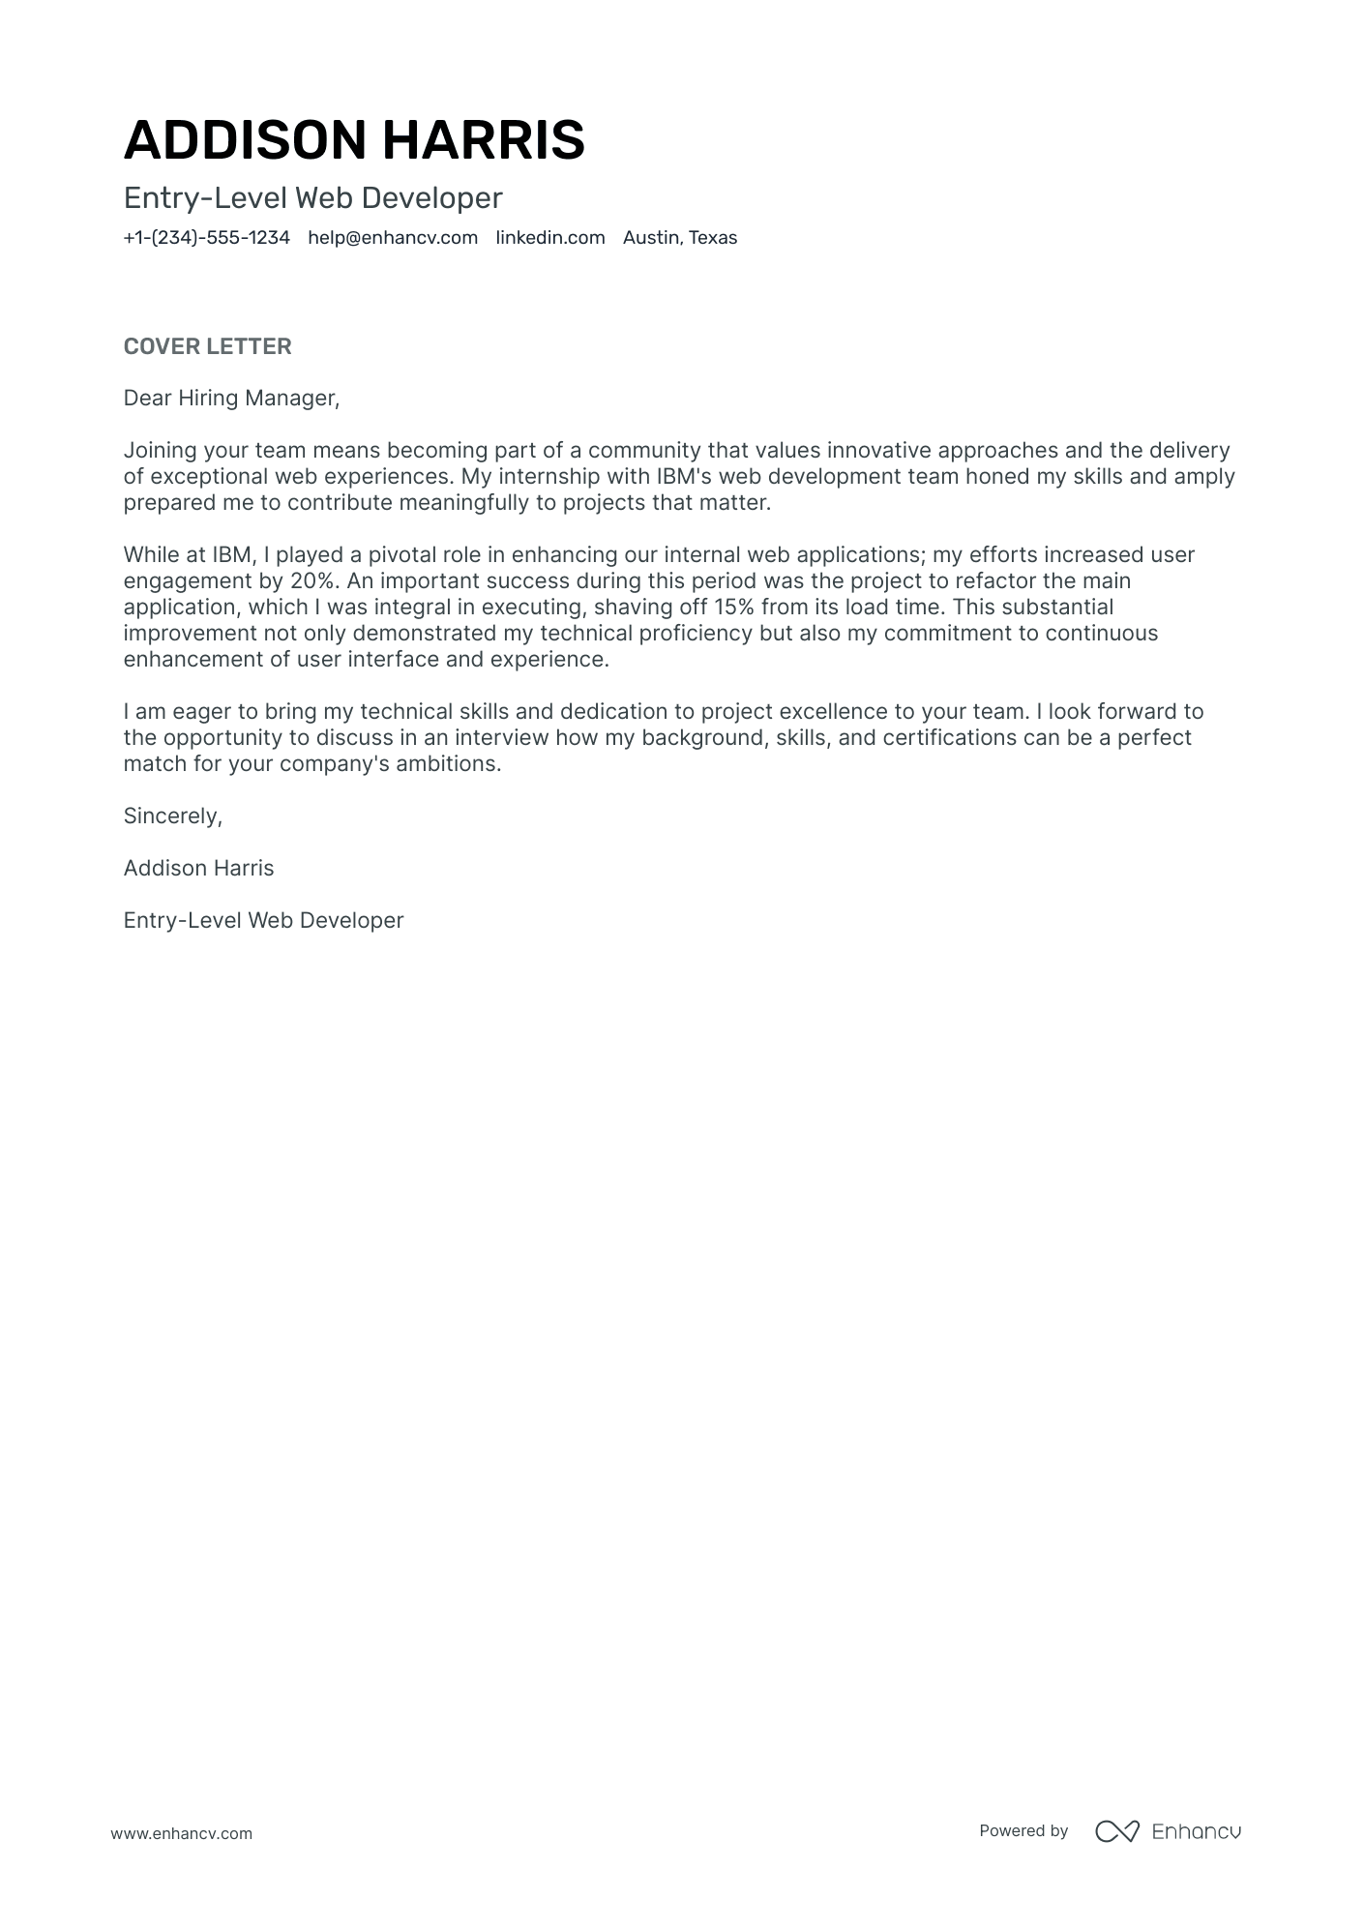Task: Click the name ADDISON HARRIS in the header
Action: coord(354,140)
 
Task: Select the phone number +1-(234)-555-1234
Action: coord(206,238)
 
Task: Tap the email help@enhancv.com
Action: coord(393,238)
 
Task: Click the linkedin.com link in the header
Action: coord(549,238)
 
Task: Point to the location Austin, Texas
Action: coord(679,238)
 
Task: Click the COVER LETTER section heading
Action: coord(207,346)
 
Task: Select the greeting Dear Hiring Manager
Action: coord(231,399)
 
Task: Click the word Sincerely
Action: coord(172,817)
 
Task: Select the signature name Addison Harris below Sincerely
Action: coord(198,869)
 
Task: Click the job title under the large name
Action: coord(312,198)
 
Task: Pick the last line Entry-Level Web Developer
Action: coord(263,921)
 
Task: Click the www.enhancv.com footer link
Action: coord(181,1833)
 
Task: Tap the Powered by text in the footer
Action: coord(1023,1830)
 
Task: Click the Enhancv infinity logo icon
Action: coord(1116,1830)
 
